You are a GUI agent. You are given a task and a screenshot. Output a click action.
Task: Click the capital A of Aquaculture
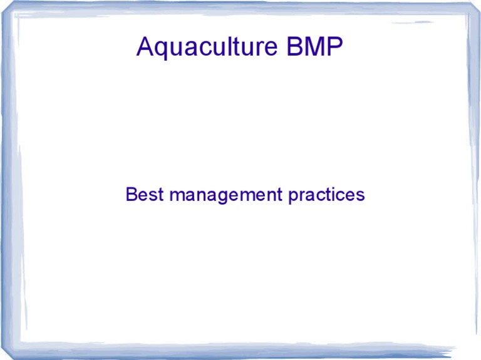(x=145, y=47)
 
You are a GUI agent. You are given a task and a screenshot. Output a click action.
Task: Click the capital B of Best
(x=131, y=195)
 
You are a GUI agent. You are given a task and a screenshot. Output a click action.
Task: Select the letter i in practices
(x=333, y=195)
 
